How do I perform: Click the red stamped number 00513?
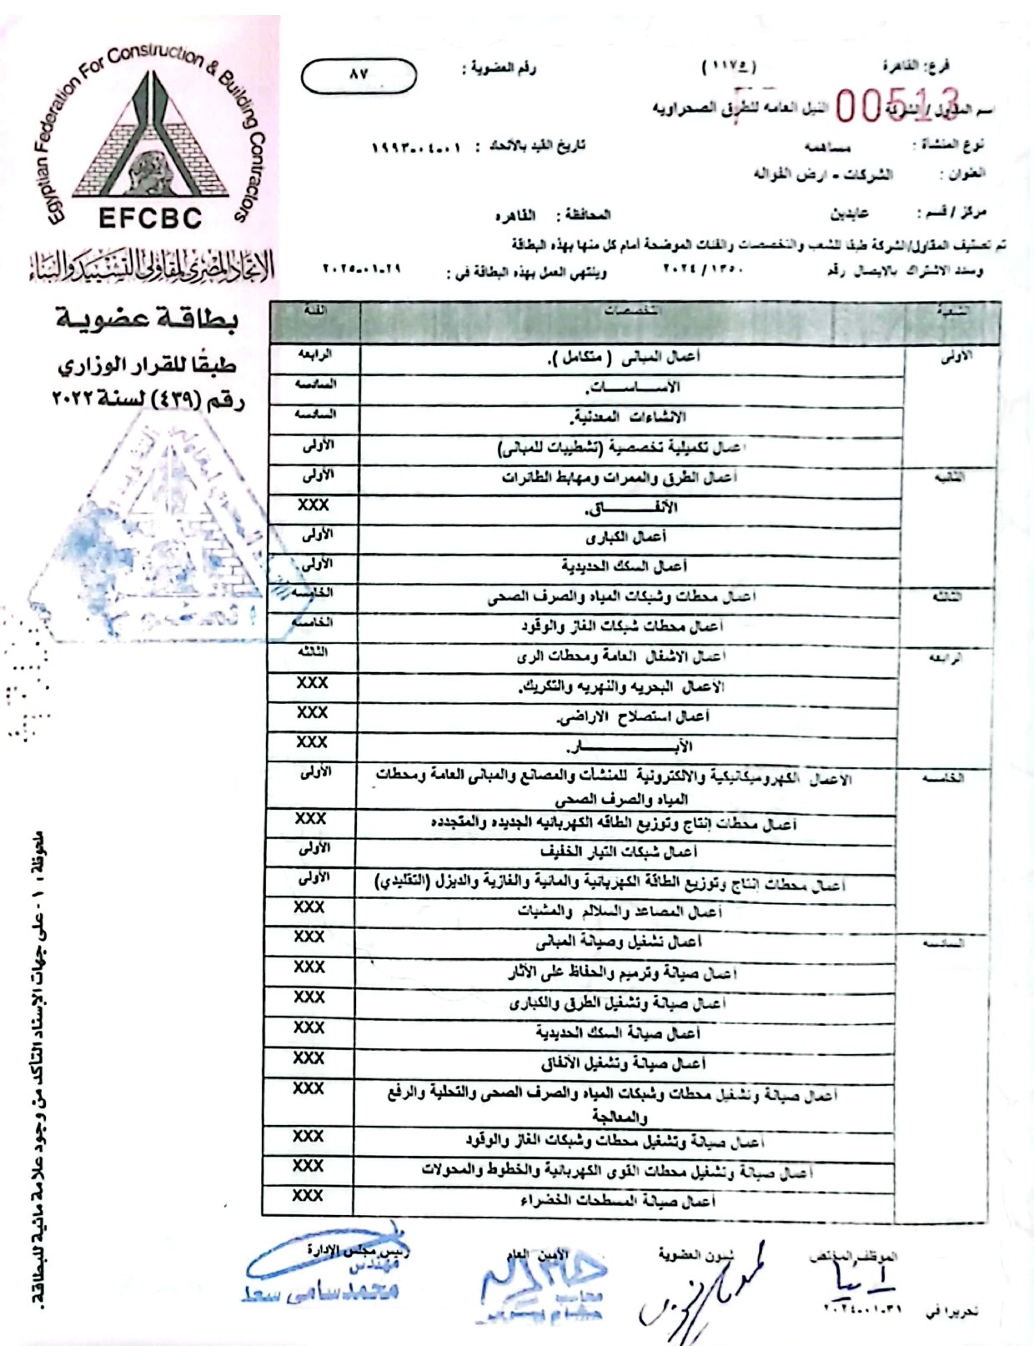(x=897, y=107)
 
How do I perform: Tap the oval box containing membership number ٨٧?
(x=358, y=75)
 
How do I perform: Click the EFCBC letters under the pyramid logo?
(x=150, y=218)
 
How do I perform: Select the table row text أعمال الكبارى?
(x=625, y=537)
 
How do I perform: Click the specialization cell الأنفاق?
(x=631, y=508)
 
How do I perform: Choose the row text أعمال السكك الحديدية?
(x=624, y=567)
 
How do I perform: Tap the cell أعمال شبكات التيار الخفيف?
(x=618, y=852)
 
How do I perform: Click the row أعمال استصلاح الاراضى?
(x=633, y=716)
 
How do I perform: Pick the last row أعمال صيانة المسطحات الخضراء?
(x=618, y=1201)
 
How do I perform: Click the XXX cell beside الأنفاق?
(x=313, y=505)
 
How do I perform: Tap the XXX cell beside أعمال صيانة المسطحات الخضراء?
(x=307, y=1196)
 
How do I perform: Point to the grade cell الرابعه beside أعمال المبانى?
(x=315, y=354)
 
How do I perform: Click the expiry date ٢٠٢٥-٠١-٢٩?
(x=361, y=270)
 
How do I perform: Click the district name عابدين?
(x=849, y=213)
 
